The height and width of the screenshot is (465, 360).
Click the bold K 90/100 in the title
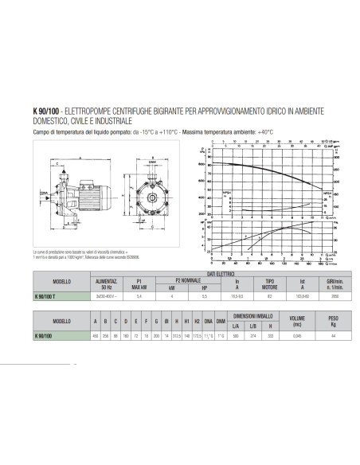(43, 111)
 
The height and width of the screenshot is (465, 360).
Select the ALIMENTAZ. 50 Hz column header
(106, 283)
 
